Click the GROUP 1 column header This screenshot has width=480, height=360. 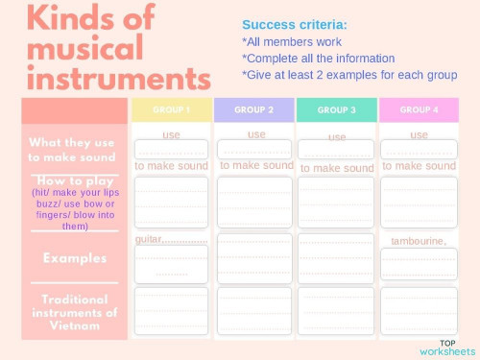click(x=171, y=109)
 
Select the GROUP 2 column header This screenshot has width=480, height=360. click(x=253, y=109)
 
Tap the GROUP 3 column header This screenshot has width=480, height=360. click(x=337, y=109)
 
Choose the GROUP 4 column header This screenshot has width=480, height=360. click(x=419, y=109)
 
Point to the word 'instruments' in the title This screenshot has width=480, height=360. click(x=119, y=77)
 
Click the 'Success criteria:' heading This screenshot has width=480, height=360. click(x=295, y=25)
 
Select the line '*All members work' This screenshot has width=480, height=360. click(x=292, y=41)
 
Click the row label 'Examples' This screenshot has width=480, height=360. click(x=74, y=258)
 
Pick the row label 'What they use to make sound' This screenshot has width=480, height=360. click(x=73, y=150)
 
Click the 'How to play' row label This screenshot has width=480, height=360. click(x=74, y=180)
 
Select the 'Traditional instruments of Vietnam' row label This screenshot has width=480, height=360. click(x=74, y=312)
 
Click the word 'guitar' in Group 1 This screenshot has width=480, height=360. click(x=149, y=239)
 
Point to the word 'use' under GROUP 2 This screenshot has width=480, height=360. click(x=256, y=134)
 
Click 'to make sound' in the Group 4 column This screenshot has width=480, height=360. click(x=419, y=166)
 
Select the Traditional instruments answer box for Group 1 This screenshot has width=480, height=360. click(x=171, y=310)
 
